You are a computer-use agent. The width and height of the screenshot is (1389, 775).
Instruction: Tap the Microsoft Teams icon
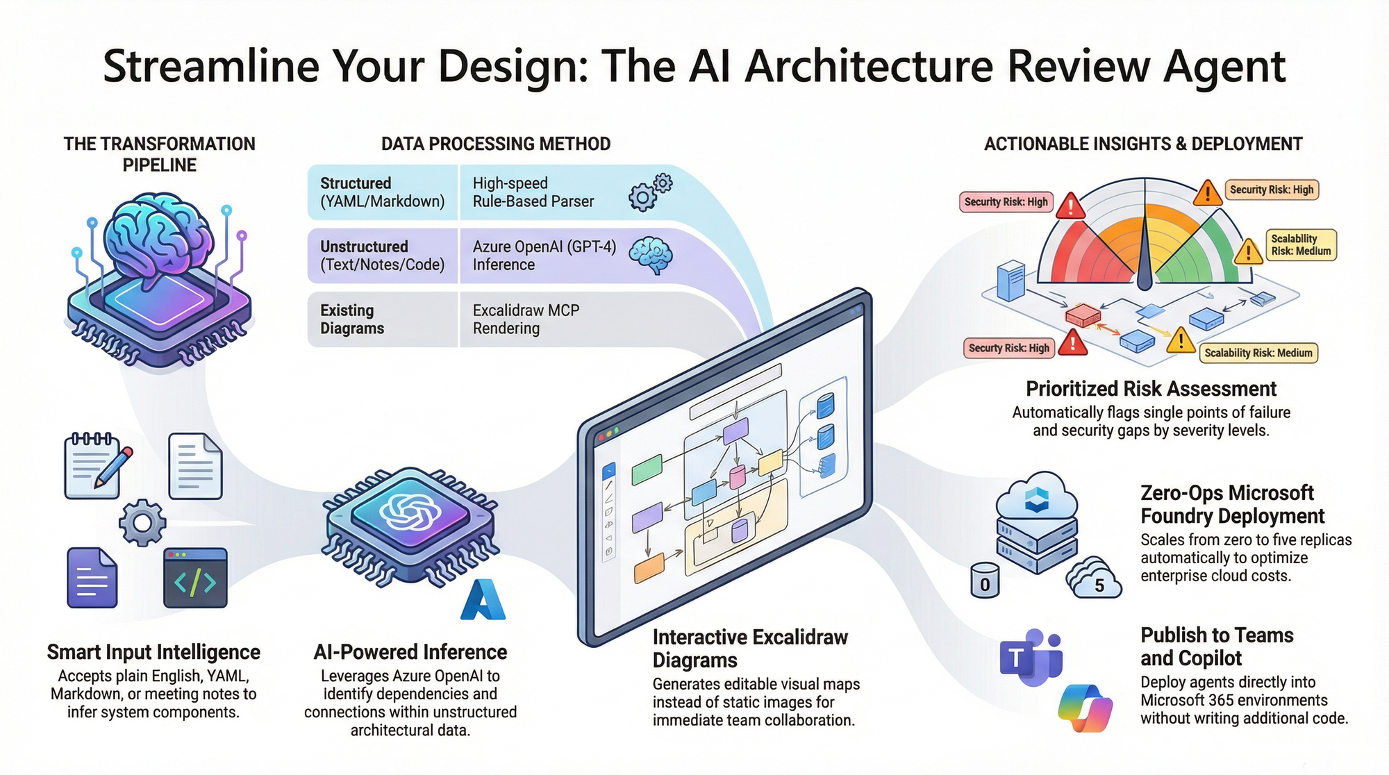(x=1031, y=657)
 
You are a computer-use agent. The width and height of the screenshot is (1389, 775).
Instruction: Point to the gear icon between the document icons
(x=142, y=522)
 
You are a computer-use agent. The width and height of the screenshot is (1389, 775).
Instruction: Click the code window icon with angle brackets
(x=195, y=578)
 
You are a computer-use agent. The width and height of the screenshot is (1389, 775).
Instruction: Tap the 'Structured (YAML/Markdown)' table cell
(x=383, y=192)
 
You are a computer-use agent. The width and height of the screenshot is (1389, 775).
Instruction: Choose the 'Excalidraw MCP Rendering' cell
(x=526, y=319)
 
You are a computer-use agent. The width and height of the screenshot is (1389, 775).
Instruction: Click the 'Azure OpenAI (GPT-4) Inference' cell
(x=544, y=256)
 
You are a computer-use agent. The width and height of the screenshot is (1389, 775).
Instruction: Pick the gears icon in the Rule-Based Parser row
(x=650, y=192)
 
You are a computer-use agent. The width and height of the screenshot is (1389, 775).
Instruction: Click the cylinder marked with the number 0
(x=985, y=581)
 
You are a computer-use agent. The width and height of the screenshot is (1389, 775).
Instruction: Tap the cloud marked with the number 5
(x=1095, y=580)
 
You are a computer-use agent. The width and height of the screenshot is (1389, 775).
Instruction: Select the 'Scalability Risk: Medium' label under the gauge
(x=1258, y=353)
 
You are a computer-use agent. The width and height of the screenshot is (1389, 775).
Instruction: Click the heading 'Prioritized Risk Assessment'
(x=1151, y=388)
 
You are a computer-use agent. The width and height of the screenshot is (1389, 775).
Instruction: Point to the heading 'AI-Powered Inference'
(x=410, y=652)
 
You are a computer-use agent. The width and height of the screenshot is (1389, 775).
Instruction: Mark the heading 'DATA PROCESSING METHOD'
(x=496, y=144)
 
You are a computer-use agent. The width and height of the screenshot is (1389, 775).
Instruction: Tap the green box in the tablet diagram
(x=647, y=469)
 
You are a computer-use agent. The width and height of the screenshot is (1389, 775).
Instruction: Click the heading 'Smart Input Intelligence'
(x=153, y=652)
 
